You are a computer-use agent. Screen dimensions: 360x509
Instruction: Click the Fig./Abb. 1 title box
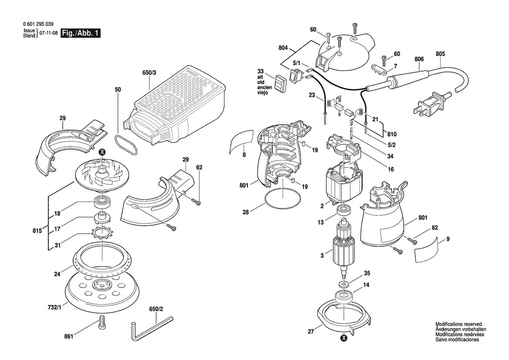[x=81, y=34]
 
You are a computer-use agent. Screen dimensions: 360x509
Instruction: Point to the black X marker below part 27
[x=344, y=337]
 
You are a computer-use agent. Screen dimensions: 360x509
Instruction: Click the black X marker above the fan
[x=102, y=152]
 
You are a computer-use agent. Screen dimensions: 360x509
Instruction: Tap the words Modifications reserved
[x=458, y=325]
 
